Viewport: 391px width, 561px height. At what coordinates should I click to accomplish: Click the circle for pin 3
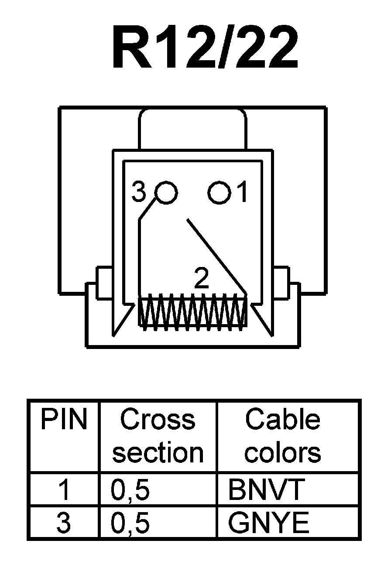166,192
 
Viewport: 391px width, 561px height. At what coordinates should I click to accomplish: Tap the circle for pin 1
219,192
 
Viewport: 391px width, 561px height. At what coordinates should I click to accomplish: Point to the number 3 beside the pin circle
139,192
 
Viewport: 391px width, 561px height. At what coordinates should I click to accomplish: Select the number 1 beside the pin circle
243,192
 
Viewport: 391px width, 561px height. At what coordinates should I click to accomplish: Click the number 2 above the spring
201,279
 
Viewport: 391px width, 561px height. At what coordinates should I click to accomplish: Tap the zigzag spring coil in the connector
193,311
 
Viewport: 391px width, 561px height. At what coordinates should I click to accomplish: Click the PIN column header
64,420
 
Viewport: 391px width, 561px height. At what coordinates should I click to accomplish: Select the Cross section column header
158,436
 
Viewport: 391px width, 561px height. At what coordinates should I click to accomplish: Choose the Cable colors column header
283,436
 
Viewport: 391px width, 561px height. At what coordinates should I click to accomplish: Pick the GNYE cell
268,523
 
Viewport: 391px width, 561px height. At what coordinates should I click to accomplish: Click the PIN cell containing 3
64,523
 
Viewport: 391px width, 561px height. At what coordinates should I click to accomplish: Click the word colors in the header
283,453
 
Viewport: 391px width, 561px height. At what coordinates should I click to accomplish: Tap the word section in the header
158,453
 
